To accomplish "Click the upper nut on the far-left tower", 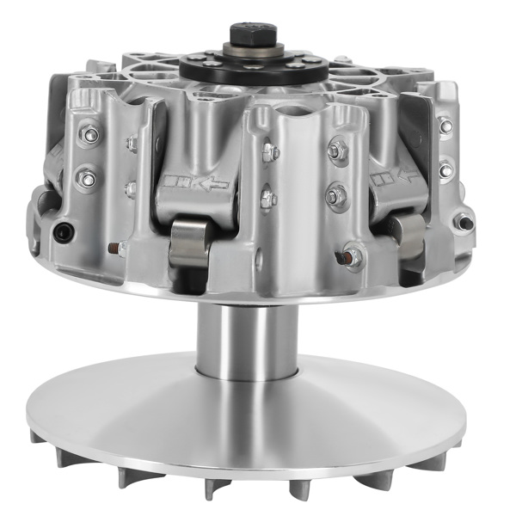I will coord(87,135).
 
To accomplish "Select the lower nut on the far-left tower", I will coord(87,178).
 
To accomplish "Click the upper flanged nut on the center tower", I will coord(335,152).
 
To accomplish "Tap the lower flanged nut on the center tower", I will coord(335,195).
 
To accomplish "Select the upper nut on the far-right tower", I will coord(445,126).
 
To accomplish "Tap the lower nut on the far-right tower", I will coord(445,169).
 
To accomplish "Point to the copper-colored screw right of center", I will coord(350,255).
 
